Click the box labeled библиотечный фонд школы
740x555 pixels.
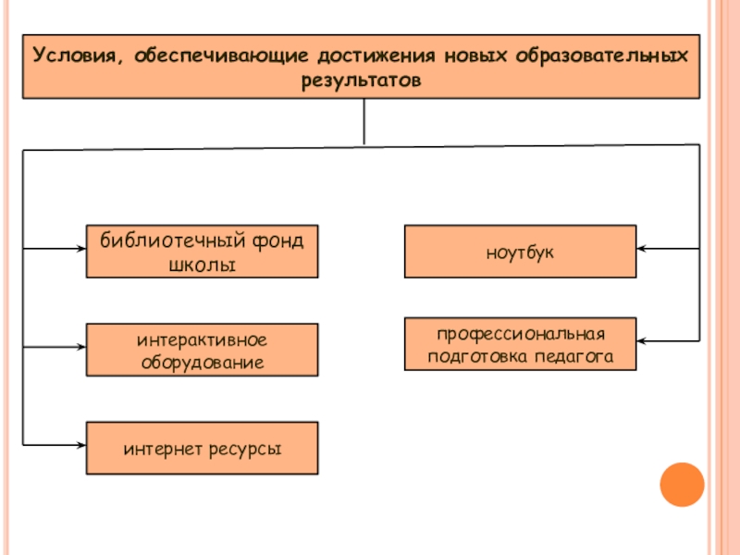tap(202, 252)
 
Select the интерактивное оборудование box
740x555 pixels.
tap(202, 350)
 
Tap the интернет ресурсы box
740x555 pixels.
tap(202, 449)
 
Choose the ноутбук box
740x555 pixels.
tap(520, 252)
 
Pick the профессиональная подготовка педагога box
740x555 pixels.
tap(520, 344)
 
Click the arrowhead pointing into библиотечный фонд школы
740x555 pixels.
tap(80, 249)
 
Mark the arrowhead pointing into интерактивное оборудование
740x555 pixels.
tap(80, 347)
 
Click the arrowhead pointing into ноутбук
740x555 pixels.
tap(642, 249)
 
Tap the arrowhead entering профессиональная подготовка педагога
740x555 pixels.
tap(642, 342)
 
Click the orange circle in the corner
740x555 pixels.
tap(682, 484)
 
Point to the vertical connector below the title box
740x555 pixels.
tap(364, 120)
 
